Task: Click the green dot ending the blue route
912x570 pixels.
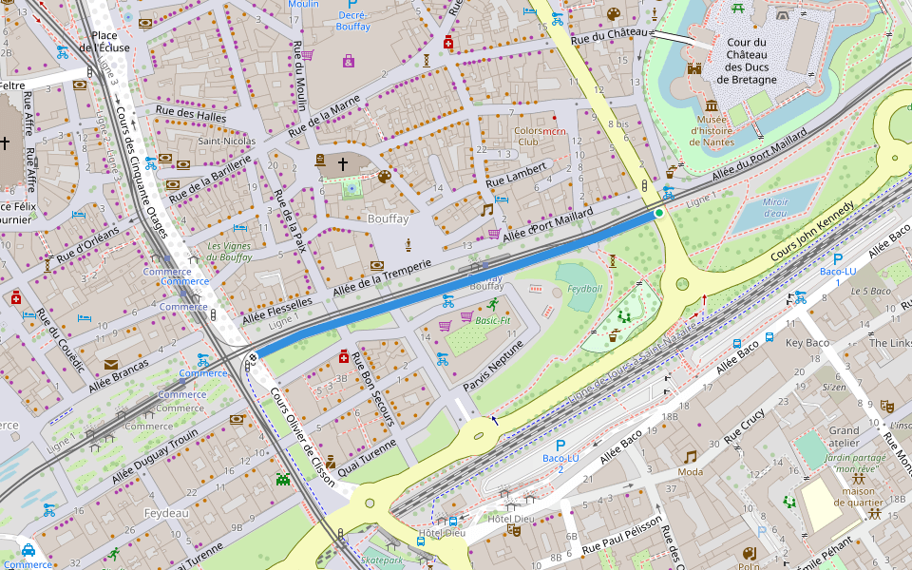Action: click(658, 213)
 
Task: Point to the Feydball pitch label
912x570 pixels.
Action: click(584, 287)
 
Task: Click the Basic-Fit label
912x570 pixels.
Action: click(493, 321)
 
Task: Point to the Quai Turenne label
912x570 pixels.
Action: click(366, 458)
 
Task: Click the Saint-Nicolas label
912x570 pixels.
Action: click(226, 142)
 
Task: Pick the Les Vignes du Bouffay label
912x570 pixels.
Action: click(229, 252)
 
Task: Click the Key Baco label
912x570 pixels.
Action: click(807, 343)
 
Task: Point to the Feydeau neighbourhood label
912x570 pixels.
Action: click(166, 513)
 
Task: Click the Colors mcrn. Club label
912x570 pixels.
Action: click(540, 136)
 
